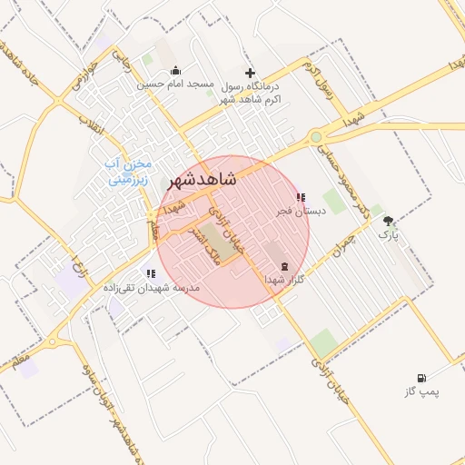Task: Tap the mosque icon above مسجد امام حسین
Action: pyautogui.click(x=175, y=71)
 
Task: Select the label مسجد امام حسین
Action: pyautogui.click(x=175, y=84)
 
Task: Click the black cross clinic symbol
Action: pyautogui.click(x=251, y=73)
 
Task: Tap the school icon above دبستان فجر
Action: pyautogui.click(x=301, y=197)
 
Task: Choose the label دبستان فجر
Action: pyautogui.click(x=301, y=211)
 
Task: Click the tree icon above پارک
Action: pyautogui.click(x=389, y=221)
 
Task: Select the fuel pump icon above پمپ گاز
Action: pyautogui.click(x=420, y=378)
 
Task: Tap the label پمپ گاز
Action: pyautogui.click(x=420, y=391)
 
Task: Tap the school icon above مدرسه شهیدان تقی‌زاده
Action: pyautogui.click(x=150, y=273)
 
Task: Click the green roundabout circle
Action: pyautogui.click(x=315, y=137)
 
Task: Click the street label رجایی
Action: pyautogui.click(x=121, y=61)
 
